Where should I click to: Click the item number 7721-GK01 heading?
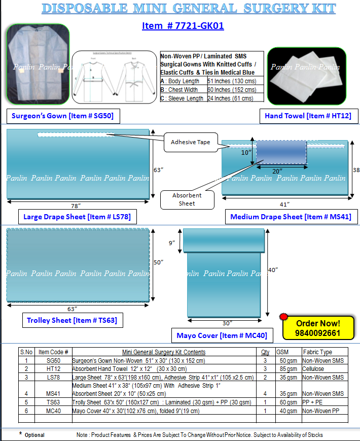tap(183, 26)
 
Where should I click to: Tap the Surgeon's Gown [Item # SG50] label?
tap(62, 116)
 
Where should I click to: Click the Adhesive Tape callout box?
tap(191, 142)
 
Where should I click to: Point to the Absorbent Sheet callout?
tap(187, 199)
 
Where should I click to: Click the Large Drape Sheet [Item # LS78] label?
tap(77, 217)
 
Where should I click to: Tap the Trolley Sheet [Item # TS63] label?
tap(71, 320)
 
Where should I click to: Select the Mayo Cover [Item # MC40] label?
tap(222, 335)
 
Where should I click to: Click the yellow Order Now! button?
tap(318, 328)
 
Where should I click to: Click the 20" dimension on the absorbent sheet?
tap(277, 171)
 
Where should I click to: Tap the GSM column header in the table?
tap(282, 352)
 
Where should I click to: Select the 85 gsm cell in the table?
tap(287, 369)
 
